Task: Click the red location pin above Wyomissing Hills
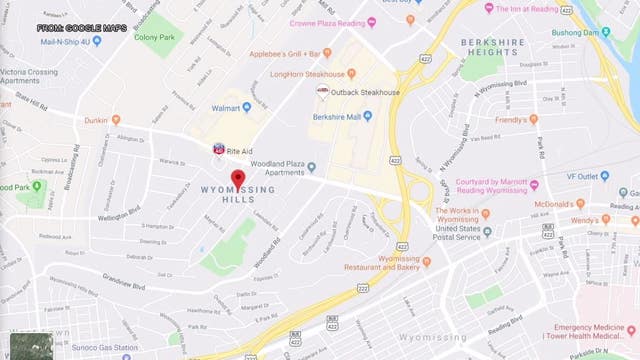(238, 179)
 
